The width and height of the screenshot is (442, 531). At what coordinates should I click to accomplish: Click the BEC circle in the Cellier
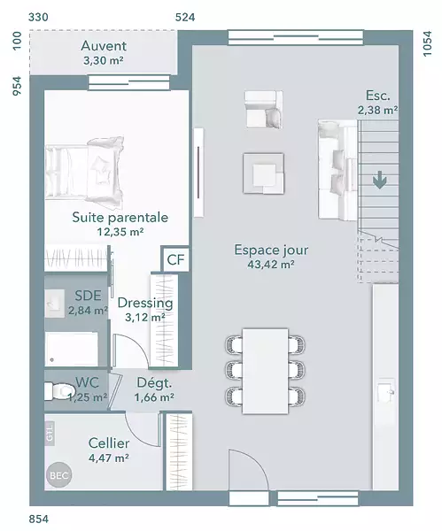click(x=59, y=475)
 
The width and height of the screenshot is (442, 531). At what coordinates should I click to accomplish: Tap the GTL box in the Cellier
click(x=50, y=432)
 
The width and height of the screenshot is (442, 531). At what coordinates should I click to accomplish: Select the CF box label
click(x=175, y=259)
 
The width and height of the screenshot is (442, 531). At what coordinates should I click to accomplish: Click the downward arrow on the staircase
click(x=380, y=180)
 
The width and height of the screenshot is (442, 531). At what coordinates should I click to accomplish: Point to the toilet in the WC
click(x=59, y=391)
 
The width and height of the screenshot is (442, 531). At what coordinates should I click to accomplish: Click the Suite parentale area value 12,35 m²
click(x=120, y=232)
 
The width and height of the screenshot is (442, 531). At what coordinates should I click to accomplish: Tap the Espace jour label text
click(x=271, y=250)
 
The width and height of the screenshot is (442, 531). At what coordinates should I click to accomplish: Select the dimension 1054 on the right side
click(x=428, y=43)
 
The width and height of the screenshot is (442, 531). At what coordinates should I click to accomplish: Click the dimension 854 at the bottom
click(x=39, y=519)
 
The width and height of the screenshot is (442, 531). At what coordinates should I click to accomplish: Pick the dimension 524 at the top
click(x=185, y=18)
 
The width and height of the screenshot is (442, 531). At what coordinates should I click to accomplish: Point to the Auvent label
click(x=104, y=46)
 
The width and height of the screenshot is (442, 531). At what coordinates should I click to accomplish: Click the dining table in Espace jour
click(x=265, y=371)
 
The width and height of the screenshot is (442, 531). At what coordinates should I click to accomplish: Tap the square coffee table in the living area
click(x=263, y=173)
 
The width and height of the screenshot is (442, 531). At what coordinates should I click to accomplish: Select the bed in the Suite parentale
click(x=84, y=172)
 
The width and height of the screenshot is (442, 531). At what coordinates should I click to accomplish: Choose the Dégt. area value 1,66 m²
click(x=154, y=397)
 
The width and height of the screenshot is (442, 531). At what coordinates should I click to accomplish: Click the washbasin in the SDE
click(x=55, y=303)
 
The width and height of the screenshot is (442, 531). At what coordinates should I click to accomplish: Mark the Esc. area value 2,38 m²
click(x=377, y=110)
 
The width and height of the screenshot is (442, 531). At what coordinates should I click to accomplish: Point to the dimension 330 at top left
click(x=38, y=18)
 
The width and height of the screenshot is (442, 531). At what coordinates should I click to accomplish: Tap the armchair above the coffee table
click(x=264, y=110)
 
